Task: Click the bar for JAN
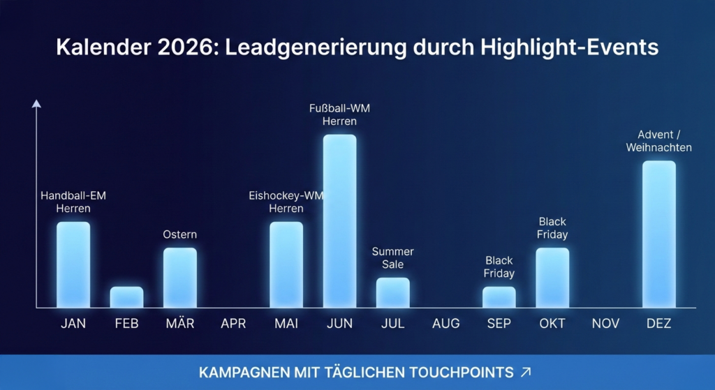tap(73, 264)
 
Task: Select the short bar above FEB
tap(126, 297)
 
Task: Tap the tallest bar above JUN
tap(339, 220)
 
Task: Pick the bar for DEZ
tap(658, 234)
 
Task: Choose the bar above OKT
tap(552, 278)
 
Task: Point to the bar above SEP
tap(499, 297)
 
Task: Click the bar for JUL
tap(393, 292)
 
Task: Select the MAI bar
tap(286, 264)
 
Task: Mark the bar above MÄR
tap(180, 278)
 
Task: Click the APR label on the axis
tap(233, 324)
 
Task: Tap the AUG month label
tap(446, 324)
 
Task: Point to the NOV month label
tap(605, 324)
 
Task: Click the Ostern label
tap(180, 234)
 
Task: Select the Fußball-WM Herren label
tap(339, 114)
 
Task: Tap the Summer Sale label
tap(393, 257)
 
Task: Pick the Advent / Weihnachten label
tap(658, 141)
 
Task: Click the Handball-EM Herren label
tap(73, 202)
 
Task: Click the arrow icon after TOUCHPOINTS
tap(526, 372)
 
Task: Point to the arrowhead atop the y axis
tap(36, 104)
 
